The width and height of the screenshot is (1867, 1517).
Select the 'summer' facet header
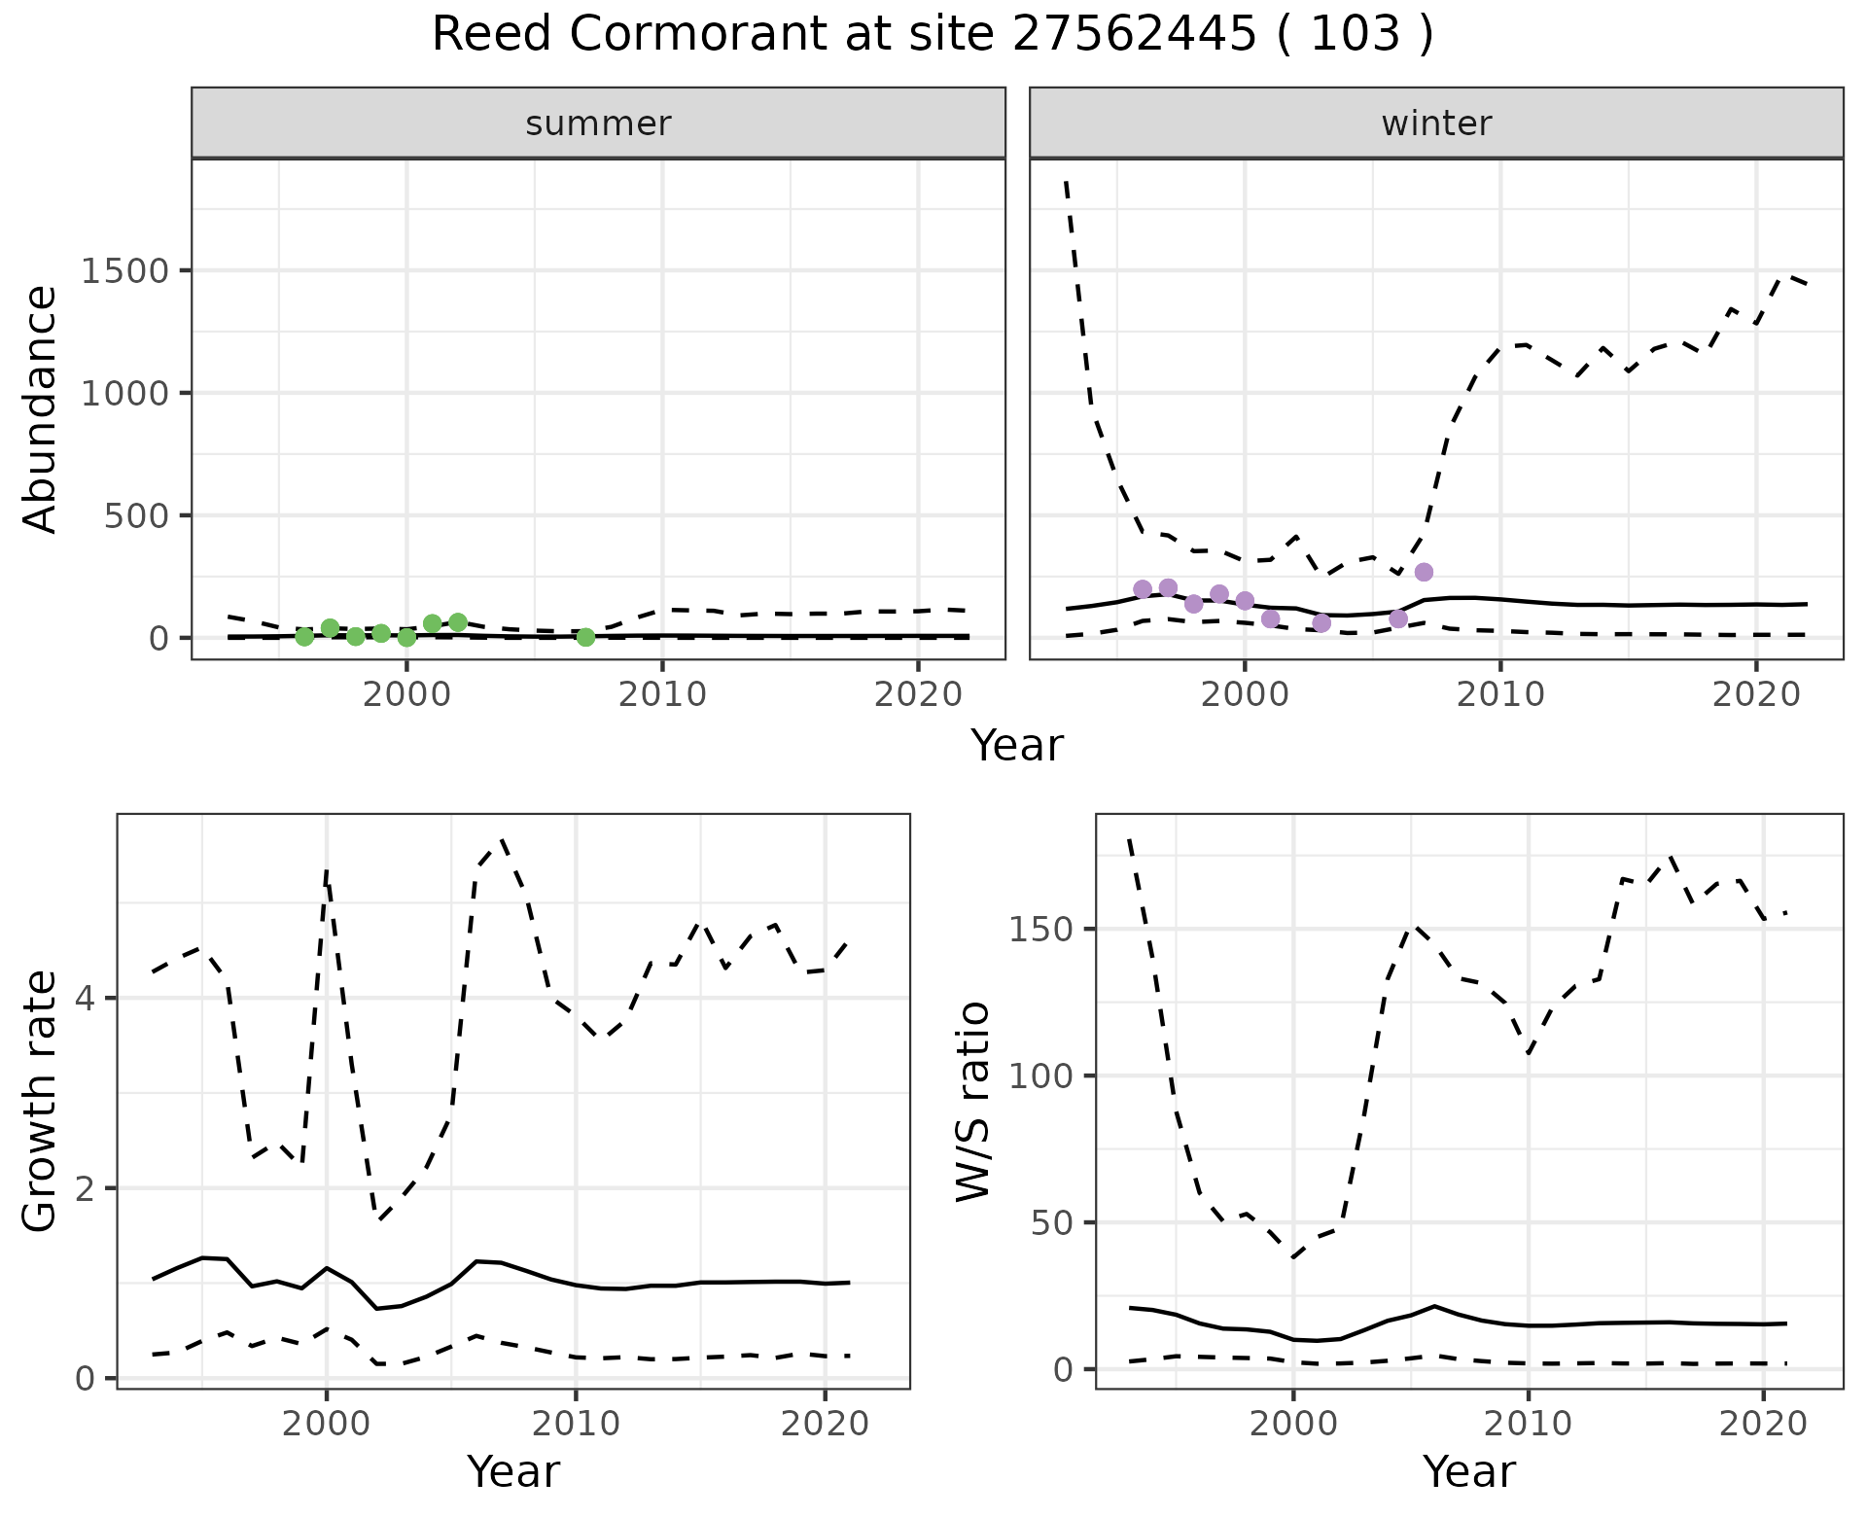[598, 123]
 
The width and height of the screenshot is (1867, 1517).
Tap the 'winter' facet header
[1436, 123]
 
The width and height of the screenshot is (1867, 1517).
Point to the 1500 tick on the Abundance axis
[125, 270]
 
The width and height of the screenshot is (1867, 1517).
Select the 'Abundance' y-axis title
[41, 408]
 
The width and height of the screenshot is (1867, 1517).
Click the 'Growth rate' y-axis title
[41, 1101]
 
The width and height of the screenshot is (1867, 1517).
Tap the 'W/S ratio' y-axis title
[973, 1101]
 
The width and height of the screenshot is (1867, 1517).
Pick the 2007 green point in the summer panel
[585, 637]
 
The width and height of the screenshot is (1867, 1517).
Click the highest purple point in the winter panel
[1424, 572]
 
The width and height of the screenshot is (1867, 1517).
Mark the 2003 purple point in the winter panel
[1321, 622]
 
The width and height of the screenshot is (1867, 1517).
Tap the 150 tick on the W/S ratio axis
[1040, 930]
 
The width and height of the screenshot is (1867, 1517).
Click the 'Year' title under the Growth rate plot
[513, 1471]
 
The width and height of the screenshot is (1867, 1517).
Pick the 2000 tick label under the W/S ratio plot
[1292, 1425]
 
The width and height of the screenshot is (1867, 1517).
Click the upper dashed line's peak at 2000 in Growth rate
[327, 871]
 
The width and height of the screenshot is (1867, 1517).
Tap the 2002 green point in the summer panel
[458, 622]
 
